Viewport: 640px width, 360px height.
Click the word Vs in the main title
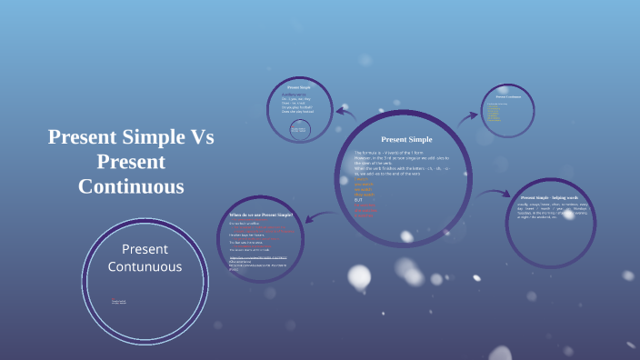(199, 139)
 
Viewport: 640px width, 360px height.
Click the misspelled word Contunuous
(145, 266)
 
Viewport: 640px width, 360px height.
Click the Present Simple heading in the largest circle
(406, 139)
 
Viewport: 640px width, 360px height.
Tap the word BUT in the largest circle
(358, 199)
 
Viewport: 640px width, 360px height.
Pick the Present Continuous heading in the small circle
(514, 95)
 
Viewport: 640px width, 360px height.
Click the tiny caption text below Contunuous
(119, 301)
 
